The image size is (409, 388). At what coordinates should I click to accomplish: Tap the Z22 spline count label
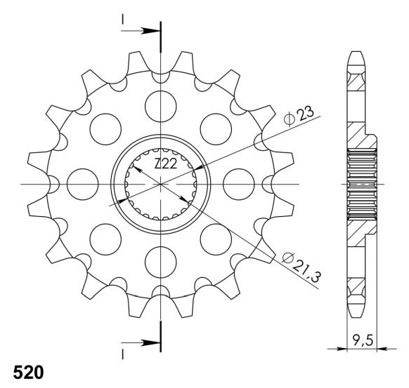[x=166, y=166]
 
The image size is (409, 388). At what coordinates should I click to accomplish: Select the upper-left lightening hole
[x=105, y=130]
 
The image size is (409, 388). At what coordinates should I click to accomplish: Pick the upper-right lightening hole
[x=216, y=130]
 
